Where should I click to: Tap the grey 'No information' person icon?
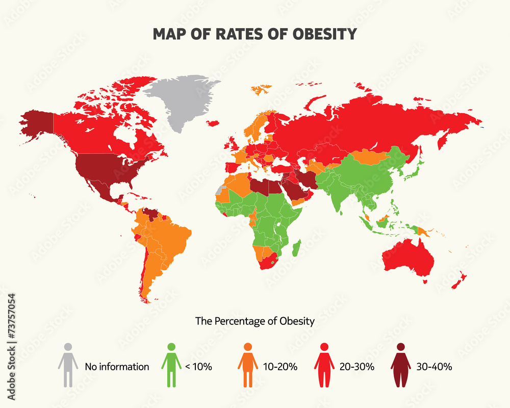(x=68, y=364)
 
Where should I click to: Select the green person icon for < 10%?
(x=171, y=364)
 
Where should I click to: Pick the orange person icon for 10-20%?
(x=248, y=364)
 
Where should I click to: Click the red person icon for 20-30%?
(x=324, y=364)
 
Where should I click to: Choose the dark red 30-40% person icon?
(x=401, y=364)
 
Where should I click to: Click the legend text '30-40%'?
(x=435, y=366)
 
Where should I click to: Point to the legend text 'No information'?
(x=117, y=366)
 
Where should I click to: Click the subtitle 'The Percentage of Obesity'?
(x=255, y=321)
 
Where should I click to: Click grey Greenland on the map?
(x=181, y=99)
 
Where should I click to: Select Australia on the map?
(x=408, y=255)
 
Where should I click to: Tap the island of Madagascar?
(x=296, y=248)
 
